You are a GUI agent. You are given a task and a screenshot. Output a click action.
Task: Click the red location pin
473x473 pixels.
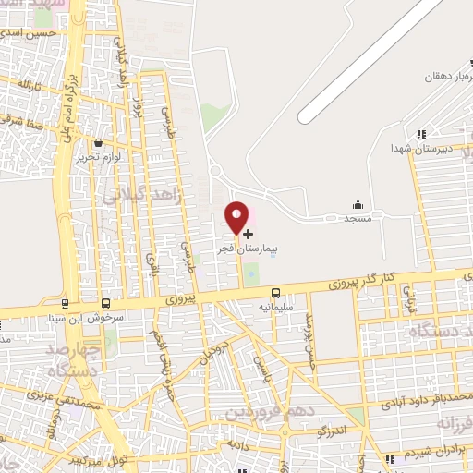click(x=237, y=218)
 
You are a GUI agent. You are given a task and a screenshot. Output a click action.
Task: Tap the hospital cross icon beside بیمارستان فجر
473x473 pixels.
click(x=248, y=234)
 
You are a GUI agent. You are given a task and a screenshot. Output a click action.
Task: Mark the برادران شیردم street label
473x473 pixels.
click(x=433, y=455)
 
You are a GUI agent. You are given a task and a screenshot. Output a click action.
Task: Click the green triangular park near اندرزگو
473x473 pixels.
click(x=356, y=417)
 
